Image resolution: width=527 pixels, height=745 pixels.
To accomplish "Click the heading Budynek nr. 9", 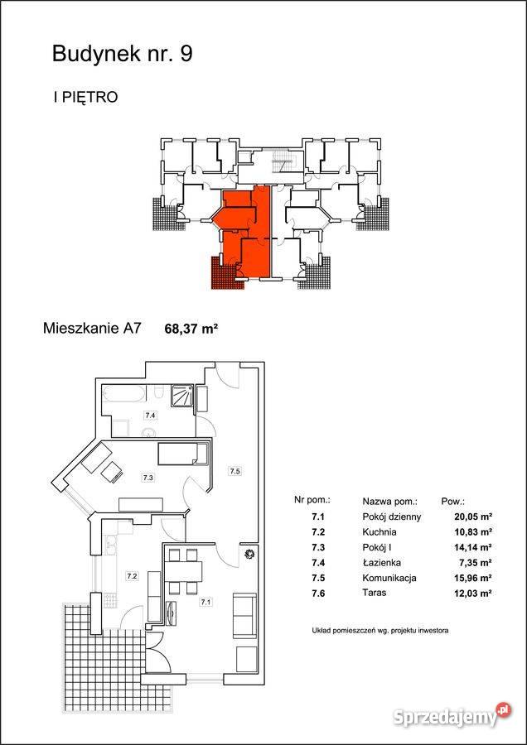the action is tap(123, 54).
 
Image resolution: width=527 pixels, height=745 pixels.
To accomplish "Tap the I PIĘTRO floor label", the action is tap(85, 98).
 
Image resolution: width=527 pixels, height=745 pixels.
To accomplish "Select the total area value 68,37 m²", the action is tap(191, 328).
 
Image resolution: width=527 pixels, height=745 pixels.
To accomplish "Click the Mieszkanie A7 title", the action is tap(92, 329).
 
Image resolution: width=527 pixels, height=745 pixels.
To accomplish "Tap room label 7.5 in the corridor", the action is tap(234, 471).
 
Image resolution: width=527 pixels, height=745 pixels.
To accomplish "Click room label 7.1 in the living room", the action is tap(205, 603).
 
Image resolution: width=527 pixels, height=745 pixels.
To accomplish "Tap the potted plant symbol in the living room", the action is tap(249, 554).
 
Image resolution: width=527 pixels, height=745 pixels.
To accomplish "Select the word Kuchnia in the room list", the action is tap(380, 531).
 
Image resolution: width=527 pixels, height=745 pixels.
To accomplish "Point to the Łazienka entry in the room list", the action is tap(381, 563).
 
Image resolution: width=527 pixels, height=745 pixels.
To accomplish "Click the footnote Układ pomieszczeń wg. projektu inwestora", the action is tap(380, 631).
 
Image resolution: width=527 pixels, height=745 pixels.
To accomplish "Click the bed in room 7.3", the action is tap(183, 454).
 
